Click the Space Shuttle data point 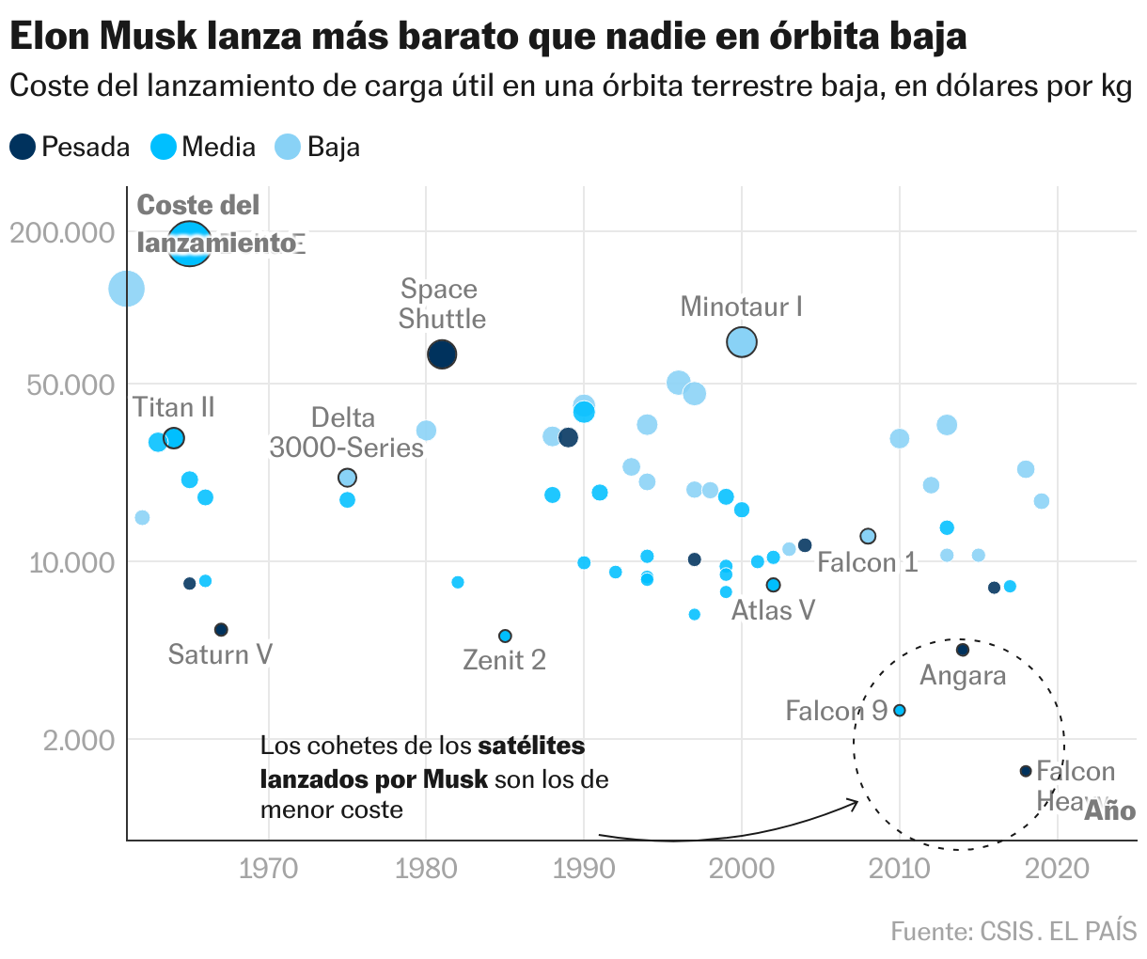(x=442, y=354)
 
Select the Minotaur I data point (x=742, y=342)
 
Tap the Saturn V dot (x=221, y=629)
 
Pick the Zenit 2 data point (x=505, y=636)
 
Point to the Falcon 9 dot (x=899, y=710)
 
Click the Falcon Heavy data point (x=1026, y=771)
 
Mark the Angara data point (x=962, y=650)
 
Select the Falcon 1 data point (x=868, y=536)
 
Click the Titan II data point (x=173, y=438)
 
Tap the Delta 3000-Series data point (x=347, y=478)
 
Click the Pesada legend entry (x=71, y=147)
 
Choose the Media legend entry (x=204, y=147)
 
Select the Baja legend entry (x=318, y=147)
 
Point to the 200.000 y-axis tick (x=62, y=232)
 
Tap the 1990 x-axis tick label (x=584, y=867)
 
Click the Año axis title (x=1110, y=810)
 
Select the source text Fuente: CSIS (x=961, y=932)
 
